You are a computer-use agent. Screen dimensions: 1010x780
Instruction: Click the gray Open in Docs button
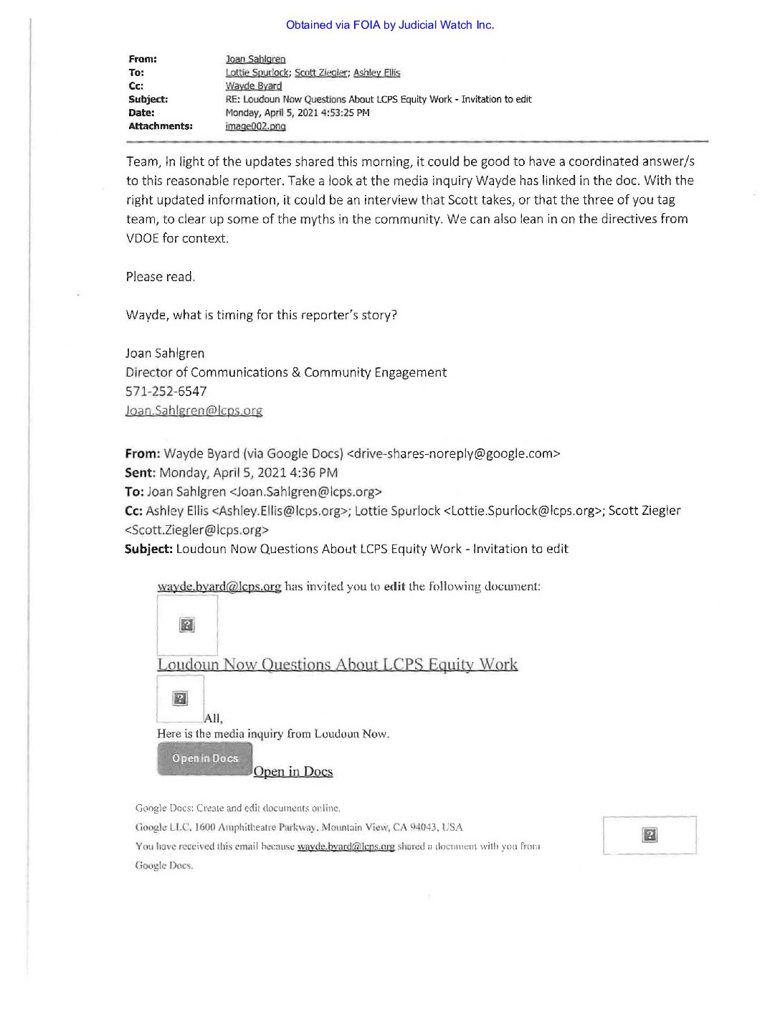pos(205,759)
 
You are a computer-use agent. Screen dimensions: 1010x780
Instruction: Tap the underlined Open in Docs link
pos(293,772)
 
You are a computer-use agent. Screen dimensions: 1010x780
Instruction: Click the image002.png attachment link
pos(255,126)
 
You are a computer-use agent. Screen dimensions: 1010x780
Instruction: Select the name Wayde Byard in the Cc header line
pos(254,86)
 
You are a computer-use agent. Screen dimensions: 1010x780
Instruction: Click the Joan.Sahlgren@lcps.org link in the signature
pos(194,411)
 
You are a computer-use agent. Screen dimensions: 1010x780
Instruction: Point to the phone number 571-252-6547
pos(166,392)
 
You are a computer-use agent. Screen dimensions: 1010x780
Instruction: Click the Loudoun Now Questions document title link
pos(337,664)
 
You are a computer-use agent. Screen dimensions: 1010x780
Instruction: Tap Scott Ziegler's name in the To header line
pos(321,73)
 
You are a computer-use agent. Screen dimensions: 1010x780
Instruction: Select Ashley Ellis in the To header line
pos(376,73)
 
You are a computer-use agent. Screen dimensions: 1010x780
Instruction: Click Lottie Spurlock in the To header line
pos(257,73)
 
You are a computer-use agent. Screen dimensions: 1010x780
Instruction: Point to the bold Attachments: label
pos(161,126)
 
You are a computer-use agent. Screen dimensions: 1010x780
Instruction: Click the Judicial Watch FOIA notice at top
pos(390,25)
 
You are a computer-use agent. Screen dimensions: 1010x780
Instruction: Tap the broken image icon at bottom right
pos(650,835)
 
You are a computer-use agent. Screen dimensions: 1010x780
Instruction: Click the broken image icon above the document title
pos(187,625)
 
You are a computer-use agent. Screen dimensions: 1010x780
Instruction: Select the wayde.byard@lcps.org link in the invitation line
pos(219,587)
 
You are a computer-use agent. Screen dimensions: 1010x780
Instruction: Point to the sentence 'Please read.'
pos(160,277)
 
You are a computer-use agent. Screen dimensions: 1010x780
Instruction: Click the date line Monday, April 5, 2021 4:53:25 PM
pos(298,113)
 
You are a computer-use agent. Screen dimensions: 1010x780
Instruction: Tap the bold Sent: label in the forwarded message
pos(140,473)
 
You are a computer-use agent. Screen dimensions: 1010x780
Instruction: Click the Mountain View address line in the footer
pos(299,827)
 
